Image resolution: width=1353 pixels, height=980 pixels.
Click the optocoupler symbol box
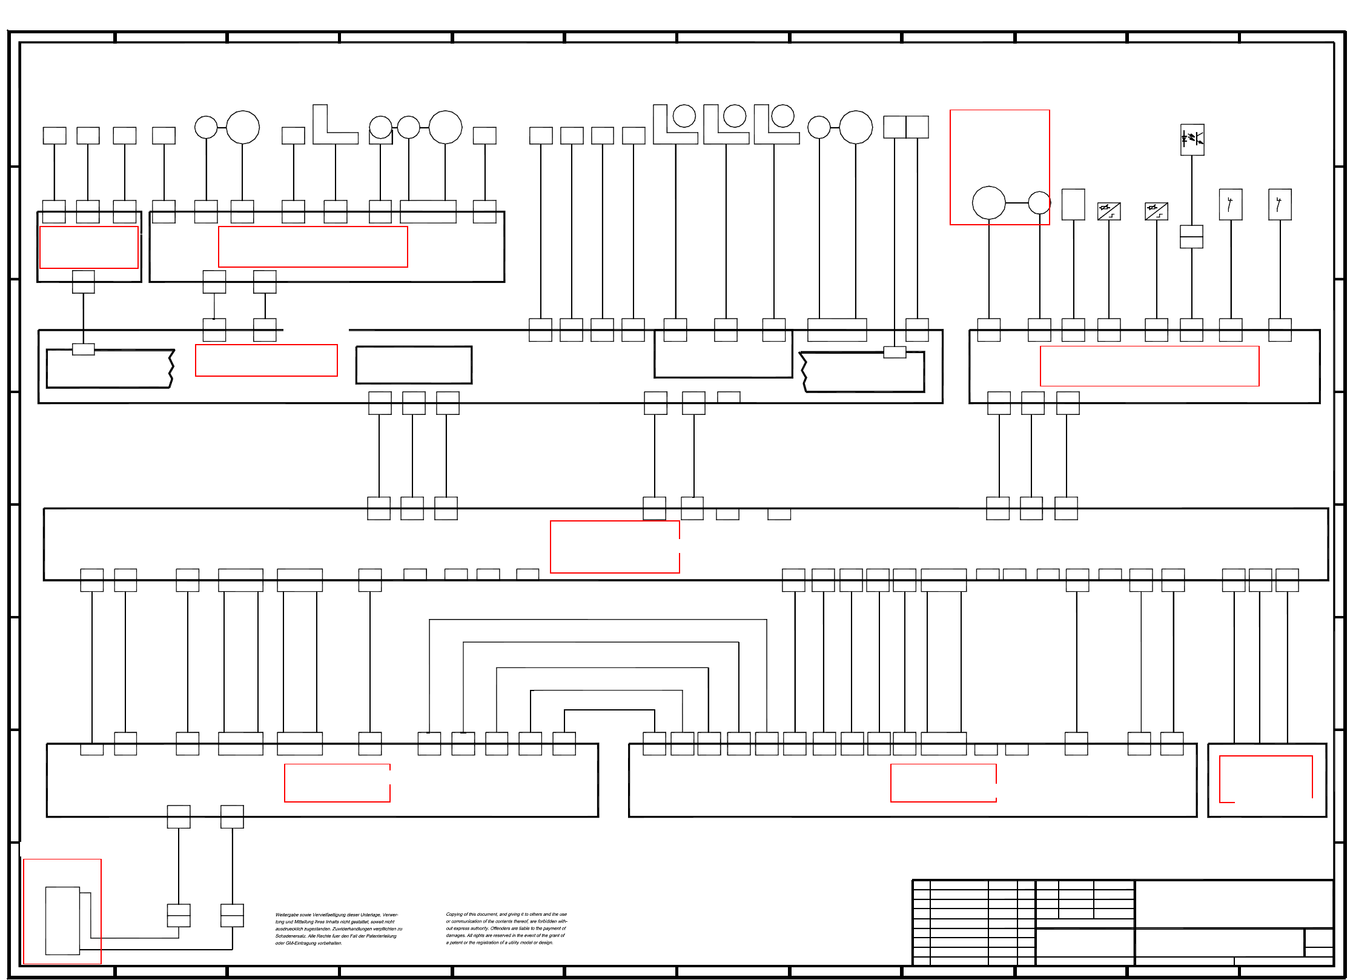pos(1192,140)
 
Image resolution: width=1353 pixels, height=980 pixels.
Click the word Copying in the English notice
pos(454,915)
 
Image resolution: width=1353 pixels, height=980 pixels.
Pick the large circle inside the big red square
pos(988,202)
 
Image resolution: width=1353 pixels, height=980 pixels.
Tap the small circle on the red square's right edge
pos(1039,202)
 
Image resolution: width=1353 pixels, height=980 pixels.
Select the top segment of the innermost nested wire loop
pos(609,710)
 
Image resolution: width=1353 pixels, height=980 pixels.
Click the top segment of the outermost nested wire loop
pos(598,620)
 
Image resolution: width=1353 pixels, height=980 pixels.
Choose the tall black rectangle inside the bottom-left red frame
pos(62,921)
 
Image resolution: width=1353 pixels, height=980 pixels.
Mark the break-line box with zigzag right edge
pos(109,368)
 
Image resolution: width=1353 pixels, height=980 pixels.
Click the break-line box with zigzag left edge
pos(863,372)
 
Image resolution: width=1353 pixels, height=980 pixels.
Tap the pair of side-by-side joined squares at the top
pos(905,127)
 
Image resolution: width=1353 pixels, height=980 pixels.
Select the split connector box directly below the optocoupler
pos(1191,237)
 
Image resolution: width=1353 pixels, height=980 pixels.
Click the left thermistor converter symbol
pos(1109,211)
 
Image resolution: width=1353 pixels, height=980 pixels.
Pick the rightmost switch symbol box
pos(1280,204)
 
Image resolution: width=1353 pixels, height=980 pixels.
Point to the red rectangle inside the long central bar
pos(615,546)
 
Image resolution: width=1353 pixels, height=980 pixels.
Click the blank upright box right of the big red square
pos(1073,204)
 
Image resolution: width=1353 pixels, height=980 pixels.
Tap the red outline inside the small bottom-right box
pos(1265,779)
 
